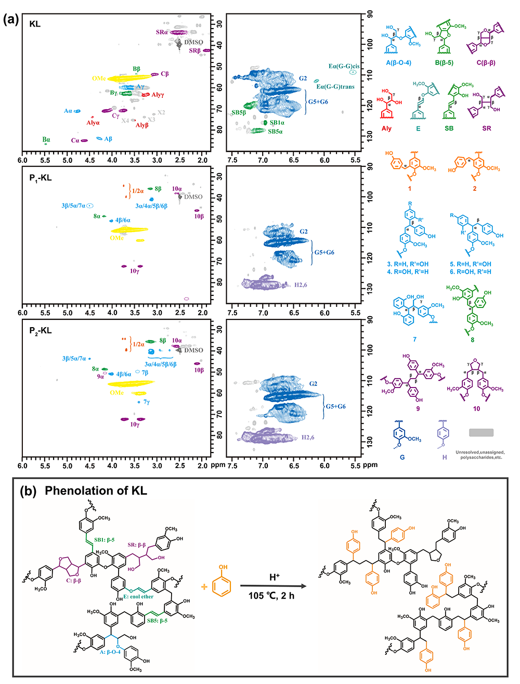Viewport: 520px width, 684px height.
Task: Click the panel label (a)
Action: (x=11, y=20)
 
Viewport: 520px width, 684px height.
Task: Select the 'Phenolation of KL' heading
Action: (x=96, y=491)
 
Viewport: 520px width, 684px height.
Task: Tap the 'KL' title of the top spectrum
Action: (x=35, y=24)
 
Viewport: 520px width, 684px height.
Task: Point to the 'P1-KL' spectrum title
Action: (x=40, y=178)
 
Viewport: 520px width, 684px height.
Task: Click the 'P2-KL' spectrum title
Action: (x=40, y=331)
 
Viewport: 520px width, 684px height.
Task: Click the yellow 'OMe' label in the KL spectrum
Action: (x=99, y=79)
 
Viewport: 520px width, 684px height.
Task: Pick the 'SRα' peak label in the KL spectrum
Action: (x=162, y=32)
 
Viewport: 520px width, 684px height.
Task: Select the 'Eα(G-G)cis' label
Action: (x=344, y=67)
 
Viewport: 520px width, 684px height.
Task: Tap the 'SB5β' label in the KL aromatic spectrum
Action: (x=239, y=112)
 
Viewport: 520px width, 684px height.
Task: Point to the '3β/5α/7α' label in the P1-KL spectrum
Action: (x=73, y=206)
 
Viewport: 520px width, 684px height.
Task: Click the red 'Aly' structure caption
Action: (x=386, y=128)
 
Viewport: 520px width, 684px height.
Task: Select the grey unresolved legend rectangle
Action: (x=481, y=432)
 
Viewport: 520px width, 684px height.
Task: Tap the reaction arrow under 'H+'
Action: (x=274, y=586)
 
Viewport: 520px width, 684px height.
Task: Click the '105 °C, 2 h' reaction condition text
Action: (x=271, y=596)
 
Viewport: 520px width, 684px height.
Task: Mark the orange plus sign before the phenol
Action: (x=204, y=586)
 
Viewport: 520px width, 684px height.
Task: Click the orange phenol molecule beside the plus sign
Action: (x=223, y=582)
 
